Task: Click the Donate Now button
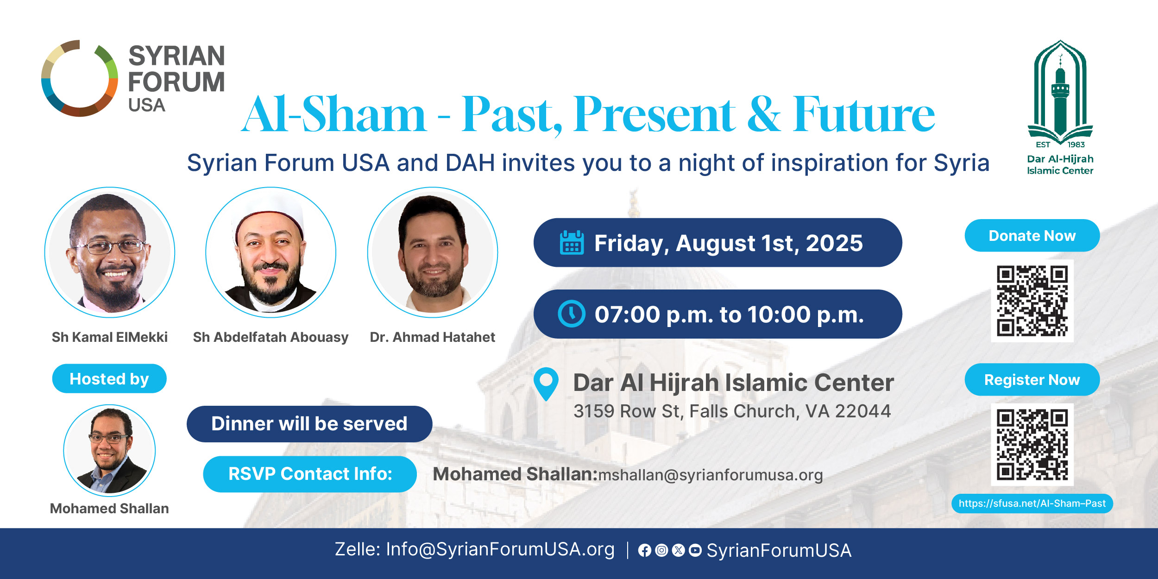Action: point(1032,235)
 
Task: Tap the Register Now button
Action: point(1032,379)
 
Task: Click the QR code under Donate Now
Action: point(1032,301)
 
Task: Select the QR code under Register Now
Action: point(1032,445)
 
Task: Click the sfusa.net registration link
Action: point(1032,503)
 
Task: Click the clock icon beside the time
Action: point(572,314)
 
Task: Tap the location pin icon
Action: point(546,384)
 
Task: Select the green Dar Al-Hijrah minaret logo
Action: point(1060,92)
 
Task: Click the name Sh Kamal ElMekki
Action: point(110,337)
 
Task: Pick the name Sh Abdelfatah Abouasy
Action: point(271,338)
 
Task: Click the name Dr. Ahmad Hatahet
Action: point(432,337)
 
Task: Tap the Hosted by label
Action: point(109,378)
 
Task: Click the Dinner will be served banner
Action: point(309,424)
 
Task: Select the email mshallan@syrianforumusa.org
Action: point(711,475)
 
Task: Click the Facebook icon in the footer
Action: point(644,550)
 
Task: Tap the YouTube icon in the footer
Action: point(695,550)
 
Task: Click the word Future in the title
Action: point(863,114)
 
